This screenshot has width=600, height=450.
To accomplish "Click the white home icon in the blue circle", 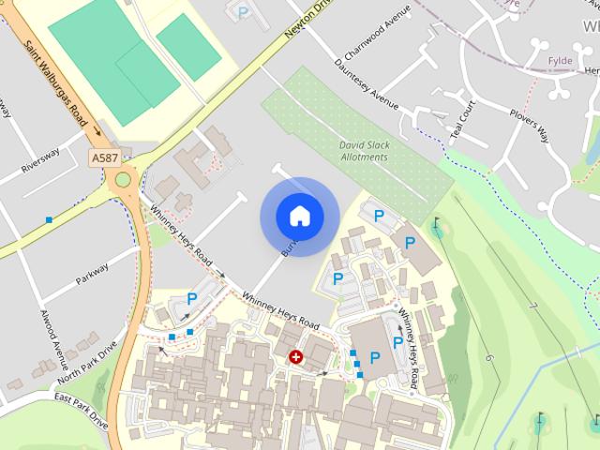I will [x=299, y=216].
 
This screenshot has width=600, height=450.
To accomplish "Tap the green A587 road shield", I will [x=105, y=159].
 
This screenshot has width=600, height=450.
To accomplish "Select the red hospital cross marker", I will [x=296, y=357].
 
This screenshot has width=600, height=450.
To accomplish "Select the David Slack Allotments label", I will [x=363, y=151].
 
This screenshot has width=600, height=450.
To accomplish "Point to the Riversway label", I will [x=40, y=163].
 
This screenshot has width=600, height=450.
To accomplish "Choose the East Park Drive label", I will [x=81, y=412].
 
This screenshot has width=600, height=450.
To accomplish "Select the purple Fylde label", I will [x=560, y=62].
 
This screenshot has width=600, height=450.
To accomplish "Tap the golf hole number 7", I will [x=532, y=307].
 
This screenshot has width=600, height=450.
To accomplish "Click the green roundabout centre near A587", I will [x=123, y=180].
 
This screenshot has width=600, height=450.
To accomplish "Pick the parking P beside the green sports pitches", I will [x=244, y=12].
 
